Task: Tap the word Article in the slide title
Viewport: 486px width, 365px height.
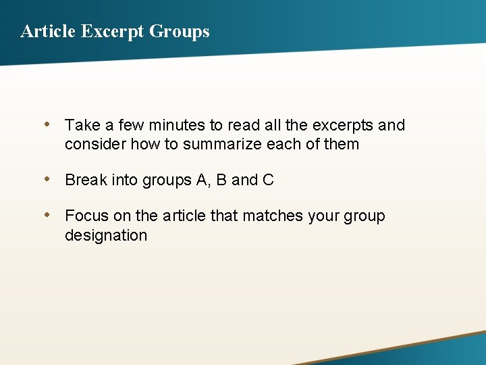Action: (48, 31)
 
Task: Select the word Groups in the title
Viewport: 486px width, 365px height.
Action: (179, 31)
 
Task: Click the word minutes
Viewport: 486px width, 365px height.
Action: (175, 125)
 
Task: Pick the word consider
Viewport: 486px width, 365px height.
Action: (95, 144)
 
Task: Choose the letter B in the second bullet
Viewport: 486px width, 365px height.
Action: (221, 180)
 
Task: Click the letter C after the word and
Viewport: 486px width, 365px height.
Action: (268, 180)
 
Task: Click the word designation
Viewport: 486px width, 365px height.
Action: (106, 235)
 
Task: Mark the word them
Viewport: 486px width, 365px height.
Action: (342, 144)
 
